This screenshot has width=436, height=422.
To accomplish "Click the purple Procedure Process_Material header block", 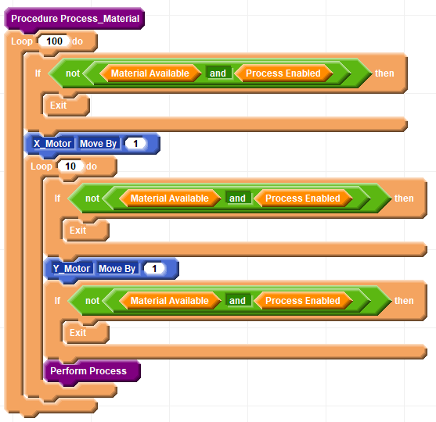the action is [74, 19].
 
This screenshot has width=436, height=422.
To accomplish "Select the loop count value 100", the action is [54, 41].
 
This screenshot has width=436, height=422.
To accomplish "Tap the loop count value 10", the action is [70, 166].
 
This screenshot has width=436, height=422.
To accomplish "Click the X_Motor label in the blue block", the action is [52, 144].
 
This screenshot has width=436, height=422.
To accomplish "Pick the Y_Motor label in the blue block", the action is [71, 269].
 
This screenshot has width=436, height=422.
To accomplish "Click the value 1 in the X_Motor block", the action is [135, 144].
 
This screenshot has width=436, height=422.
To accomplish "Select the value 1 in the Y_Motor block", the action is [154, 269].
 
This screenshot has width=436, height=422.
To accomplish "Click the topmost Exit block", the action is [67, 105].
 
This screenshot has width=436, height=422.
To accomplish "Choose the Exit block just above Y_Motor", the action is [85, 231].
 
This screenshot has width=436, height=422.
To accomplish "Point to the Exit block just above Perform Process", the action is [85, 333].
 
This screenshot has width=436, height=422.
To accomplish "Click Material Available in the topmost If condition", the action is [150, 73].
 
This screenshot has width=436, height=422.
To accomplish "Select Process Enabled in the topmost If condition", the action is [283, 73].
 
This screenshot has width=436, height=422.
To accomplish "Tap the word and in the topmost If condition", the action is [218, 73].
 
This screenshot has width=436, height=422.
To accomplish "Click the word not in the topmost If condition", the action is [73, 73].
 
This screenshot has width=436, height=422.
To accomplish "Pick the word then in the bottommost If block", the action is [404, 301].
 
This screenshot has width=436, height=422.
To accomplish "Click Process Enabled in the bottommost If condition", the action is [303, 301].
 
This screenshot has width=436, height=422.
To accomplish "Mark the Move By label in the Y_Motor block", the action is [117, 269].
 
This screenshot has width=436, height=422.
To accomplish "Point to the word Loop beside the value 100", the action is [22, 41].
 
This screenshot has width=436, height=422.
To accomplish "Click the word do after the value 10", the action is [92, 166].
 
